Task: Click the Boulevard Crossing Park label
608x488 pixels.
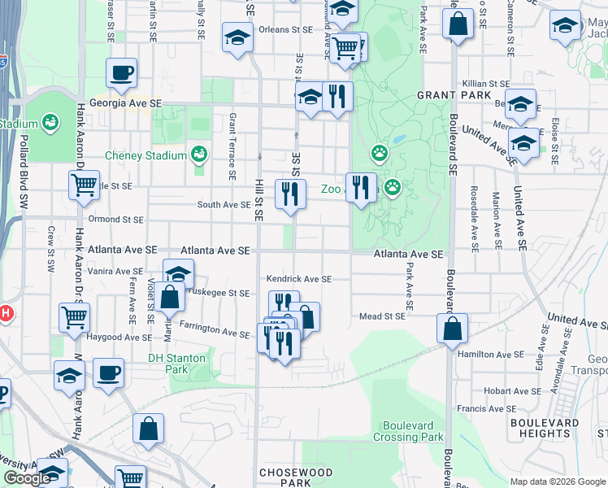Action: pyautogui.click(x=408, y=431)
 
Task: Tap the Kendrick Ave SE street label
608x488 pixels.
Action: pyautogui.click(x=299, y=279)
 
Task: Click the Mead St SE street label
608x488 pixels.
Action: pyautogui.click(x=381, y=316)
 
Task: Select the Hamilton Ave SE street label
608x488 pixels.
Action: pyautogui.click(x=490, y=355)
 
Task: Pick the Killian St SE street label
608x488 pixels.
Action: pyautogui.click(x=486, y=84)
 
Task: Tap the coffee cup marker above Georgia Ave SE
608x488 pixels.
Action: pyautogui.click(x=121, y=73)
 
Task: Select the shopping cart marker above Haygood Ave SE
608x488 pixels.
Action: pyautogui.click(x=75, y=316)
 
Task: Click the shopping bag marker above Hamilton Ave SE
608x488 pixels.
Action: pyautogui.click(x=451, y=329)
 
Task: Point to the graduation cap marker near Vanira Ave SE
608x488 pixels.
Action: pyautogui.click(x=179, y=273)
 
